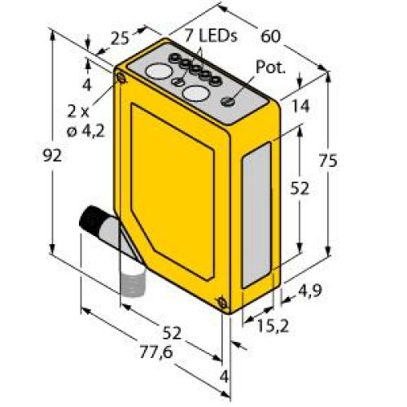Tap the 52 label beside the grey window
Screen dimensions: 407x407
point(300,188)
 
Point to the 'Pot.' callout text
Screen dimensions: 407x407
point(271,68)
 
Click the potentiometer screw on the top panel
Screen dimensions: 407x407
point(229,102)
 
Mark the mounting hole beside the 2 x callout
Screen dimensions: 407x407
point(120,78)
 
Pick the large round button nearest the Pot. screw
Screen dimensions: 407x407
point(195,93)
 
